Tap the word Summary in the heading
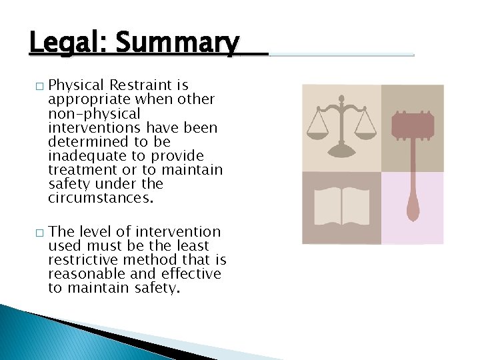tap(177, 44)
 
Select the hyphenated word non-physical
tap(94, 114)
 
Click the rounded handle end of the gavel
tap(413, 212)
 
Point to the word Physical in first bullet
tap(78, 85)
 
